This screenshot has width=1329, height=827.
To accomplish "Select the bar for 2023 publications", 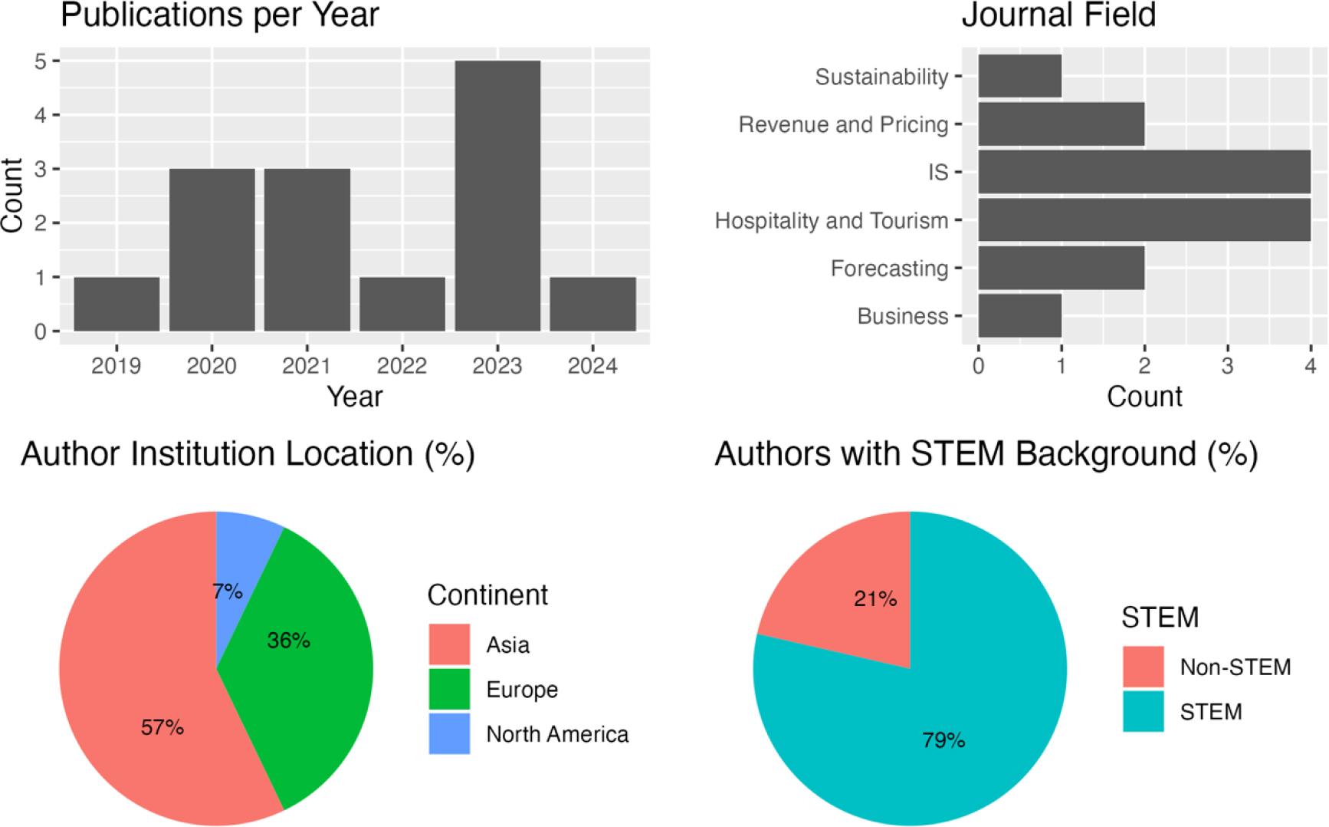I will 497,196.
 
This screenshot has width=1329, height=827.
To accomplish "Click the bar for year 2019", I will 116,304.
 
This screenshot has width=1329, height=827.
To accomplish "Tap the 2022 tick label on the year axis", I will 402,366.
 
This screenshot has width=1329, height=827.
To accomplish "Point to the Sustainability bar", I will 1019,76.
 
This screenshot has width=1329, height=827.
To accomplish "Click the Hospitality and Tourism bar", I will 1144,220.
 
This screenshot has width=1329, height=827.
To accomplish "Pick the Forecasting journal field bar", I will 1061,268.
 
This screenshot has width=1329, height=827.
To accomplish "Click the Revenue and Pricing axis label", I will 843,124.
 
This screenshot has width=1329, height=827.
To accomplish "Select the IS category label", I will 938,173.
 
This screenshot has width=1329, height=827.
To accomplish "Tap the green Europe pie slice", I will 314,675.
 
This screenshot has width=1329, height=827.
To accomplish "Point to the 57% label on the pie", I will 162,727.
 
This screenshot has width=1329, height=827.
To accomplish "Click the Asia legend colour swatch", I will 449,644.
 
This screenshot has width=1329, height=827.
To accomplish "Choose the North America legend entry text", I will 557,734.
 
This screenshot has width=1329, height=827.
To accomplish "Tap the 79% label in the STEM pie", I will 943,740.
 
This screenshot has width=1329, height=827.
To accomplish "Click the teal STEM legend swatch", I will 1143,711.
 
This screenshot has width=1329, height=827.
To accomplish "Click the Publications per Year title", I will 220,15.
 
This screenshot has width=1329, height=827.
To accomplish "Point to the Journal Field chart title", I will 1058,15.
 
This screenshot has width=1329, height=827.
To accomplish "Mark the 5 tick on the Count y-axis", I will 41,61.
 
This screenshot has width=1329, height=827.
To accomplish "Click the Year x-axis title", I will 354,396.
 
